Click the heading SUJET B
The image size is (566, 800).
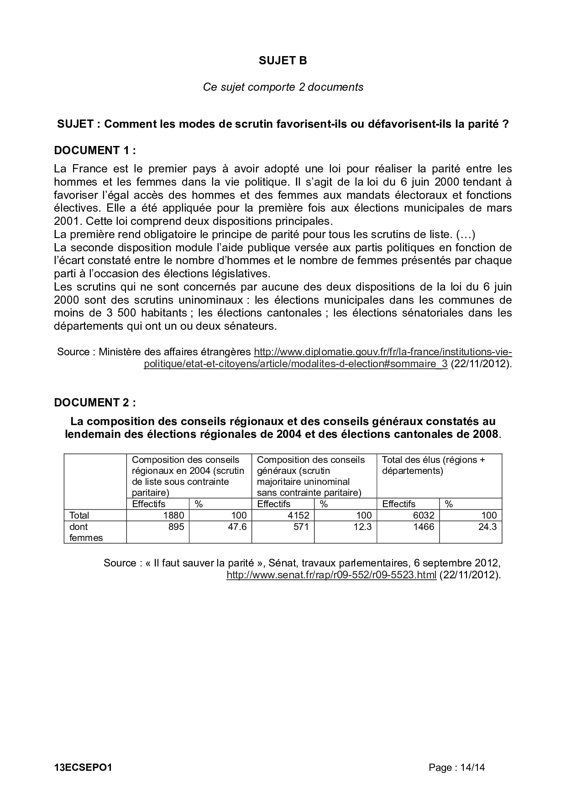point(283,61)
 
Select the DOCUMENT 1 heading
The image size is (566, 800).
point(95,150)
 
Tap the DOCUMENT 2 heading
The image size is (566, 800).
point(95,402)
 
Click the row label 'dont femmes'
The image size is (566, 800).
point(86,532)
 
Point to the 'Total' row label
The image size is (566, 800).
point(79,515)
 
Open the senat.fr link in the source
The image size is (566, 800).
point(331,575)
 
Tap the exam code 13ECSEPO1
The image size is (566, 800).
point(83,768)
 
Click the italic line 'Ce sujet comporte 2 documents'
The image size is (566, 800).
point(283,87)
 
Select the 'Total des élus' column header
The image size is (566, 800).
point(433,465)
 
